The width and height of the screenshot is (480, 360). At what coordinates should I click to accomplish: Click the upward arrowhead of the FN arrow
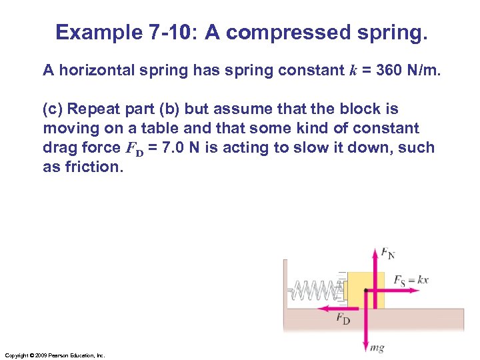point(374,251)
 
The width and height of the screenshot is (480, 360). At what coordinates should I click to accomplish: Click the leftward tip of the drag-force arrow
point(319,309)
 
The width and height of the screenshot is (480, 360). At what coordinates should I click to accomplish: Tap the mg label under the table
point(377,348)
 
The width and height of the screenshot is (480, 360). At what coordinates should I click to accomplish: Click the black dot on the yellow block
point(365,290)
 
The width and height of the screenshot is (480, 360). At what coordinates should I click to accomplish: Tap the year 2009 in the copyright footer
point(38,355)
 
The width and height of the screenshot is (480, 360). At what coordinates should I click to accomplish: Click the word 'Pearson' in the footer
point(56,355)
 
